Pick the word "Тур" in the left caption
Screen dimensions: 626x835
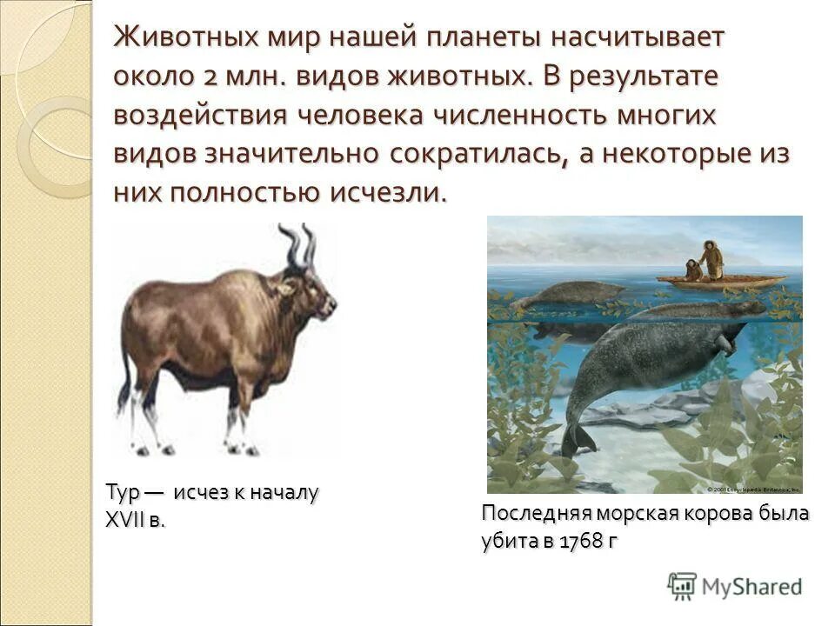(120, 493)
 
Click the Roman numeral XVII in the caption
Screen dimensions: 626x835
(125, 521)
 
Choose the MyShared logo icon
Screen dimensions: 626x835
(682, 586)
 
